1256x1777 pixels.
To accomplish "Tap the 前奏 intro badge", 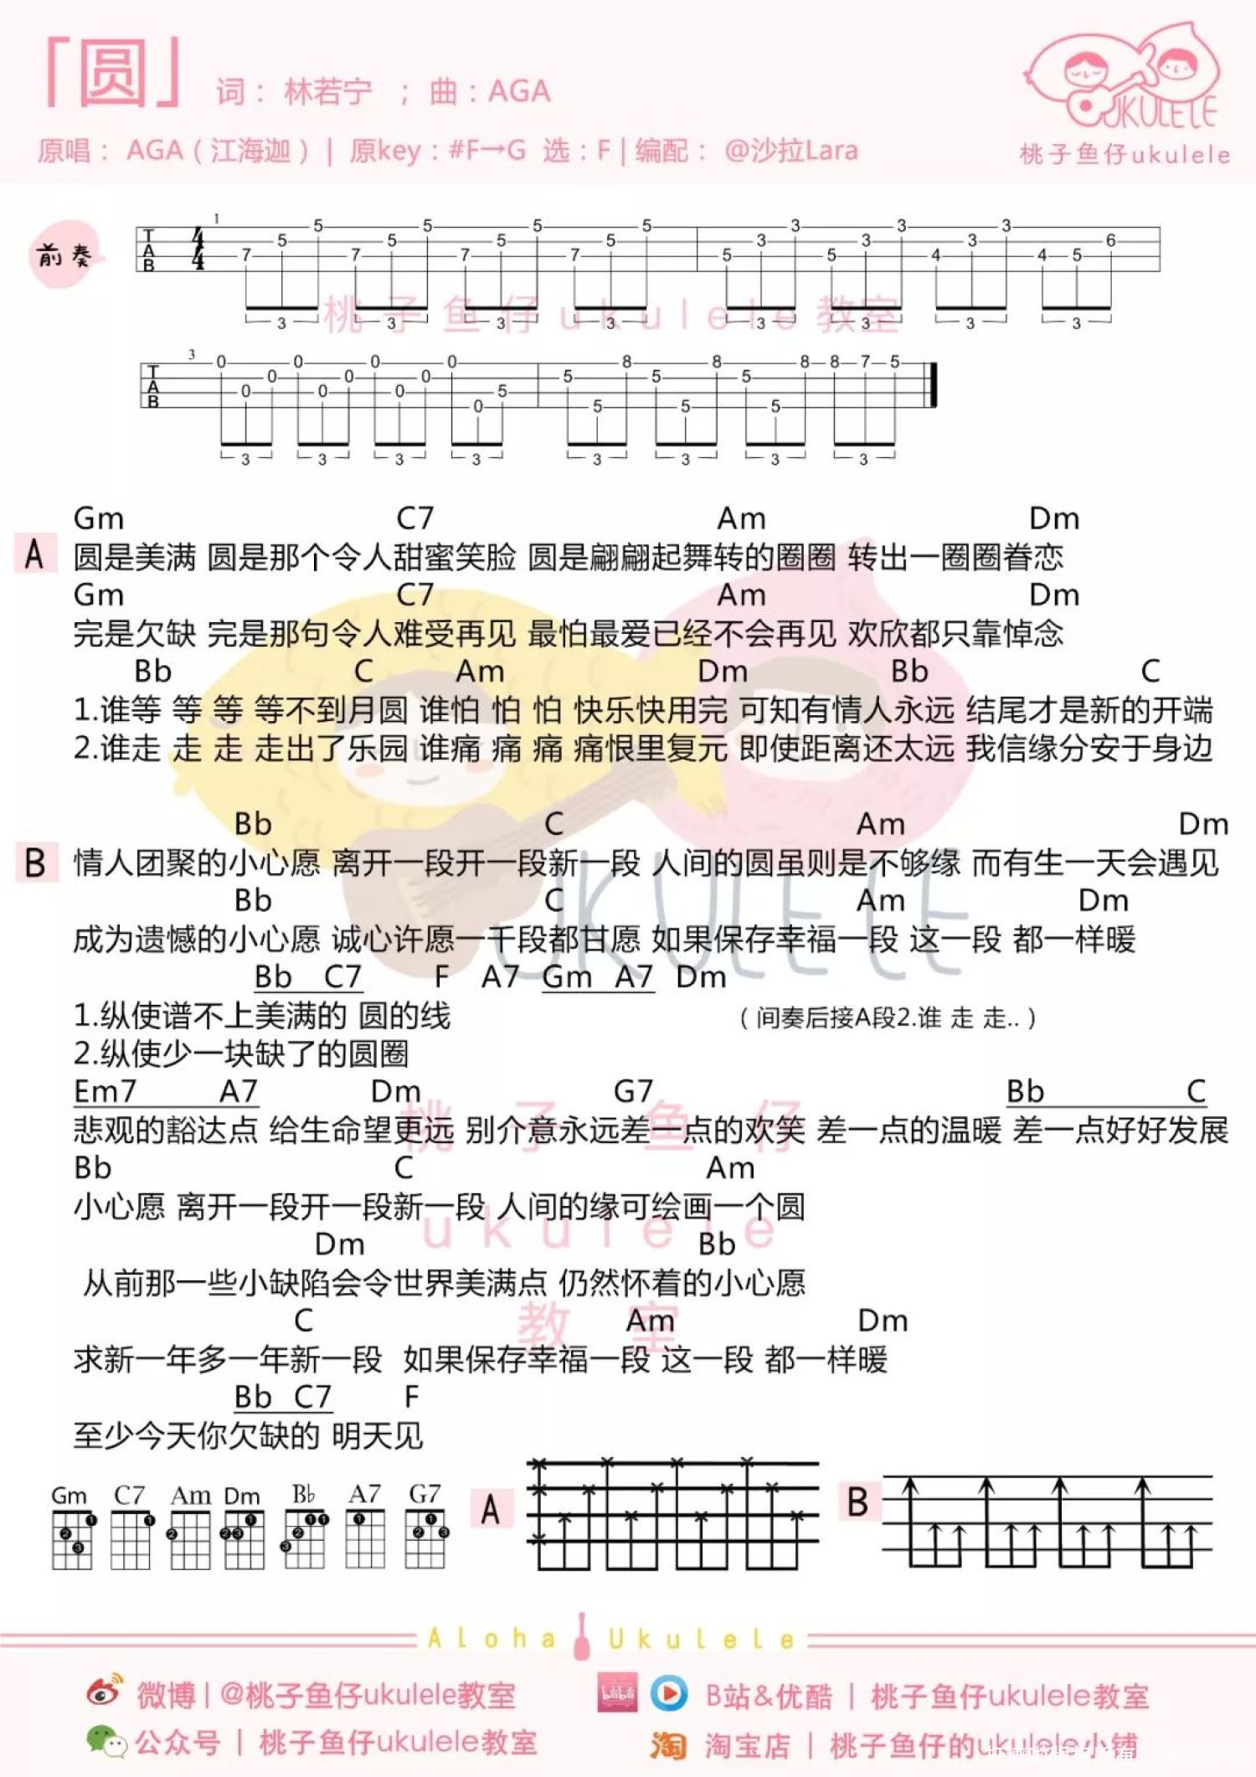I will [x=63, y=255].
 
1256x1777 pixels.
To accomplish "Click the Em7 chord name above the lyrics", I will [x=105, y=1091].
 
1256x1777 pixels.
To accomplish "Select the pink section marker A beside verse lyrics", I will [x=35, y=554].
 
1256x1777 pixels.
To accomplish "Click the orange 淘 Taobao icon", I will [x=668, y=1745].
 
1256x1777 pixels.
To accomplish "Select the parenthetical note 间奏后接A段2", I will [x=888, y=1018].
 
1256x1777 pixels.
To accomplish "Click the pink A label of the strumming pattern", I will [x=492, y=1510].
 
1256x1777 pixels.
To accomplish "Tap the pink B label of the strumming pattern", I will [x=858, y=1501].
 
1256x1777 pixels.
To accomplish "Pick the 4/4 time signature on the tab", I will [x=198, y=249].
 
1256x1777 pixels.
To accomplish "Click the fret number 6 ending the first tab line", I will [x=1110, y=240].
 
